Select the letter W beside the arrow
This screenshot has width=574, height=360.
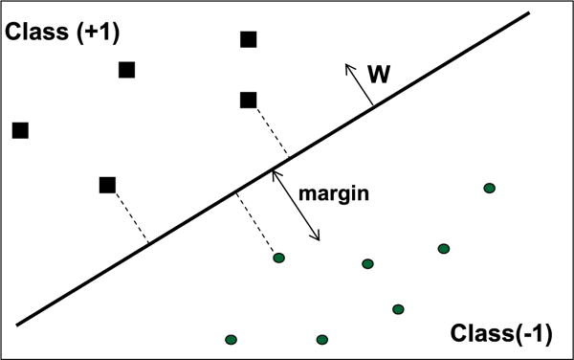pyautogui.click(x=378, y=73)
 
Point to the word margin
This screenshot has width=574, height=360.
pyautogui.click(x=335, y=192)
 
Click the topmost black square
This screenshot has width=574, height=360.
pyautogui.click(x=249, y=39)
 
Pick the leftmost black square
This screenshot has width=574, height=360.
pyautogui.click(x=20, y=129)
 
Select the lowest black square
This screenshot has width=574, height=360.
pyautogui.click(x=108, y=185)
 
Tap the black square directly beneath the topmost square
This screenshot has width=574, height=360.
pyautogui.click(x=249, y=100)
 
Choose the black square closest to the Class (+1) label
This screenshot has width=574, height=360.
pyautogui.click(x=126, y=69)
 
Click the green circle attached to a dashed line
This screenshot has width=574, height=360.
pyautogui.click(x=279, y=258)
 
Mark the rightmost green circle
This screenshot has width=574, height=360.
pyautogui.click(x=490, y=189)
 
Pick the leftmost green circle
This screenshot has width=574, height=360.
pyautogui.click(x=231, y=339)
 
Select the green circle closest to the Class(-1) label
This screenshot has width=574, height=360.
pyautogui.click(x=398, y=308)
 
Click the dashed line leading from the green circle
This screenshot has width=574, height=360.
pyautogui.click(x=257, y=227)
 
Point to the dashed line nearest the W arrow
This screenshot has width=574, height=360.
pyautogui.click(x=269, y=129)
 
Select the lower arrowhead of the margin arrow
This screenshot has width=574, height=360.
pyautogui.click(x=318, y=237)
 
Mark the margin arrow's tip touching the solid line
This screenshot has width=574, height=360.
pyautogui.click(x=275, y=173)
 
